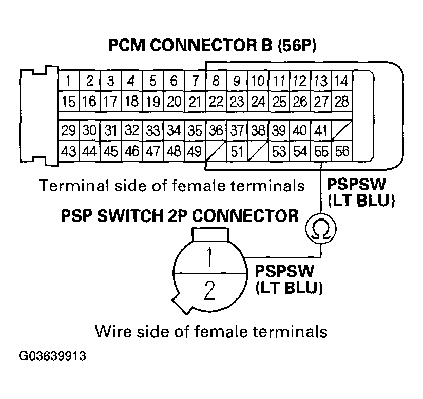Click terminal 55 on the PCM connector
coord(321,151)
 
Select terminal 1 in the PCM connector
coord(68,81)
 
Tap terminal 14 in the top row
coord(341,81)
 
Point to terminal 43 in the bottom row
coord(68,151)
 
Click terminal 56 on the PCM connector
coord(341,151)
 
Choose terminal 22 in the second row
coord(216,102)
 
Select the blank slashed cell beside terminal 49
coord(216,151)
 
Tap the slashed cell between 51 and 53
coord(258,151)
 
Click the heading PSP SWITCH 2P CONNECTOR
coord(179,215)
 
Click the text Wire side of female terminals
coord(211,331)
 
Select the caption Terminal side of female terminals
coord(171,185)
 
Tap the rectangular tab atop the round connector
coord(209,233)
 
